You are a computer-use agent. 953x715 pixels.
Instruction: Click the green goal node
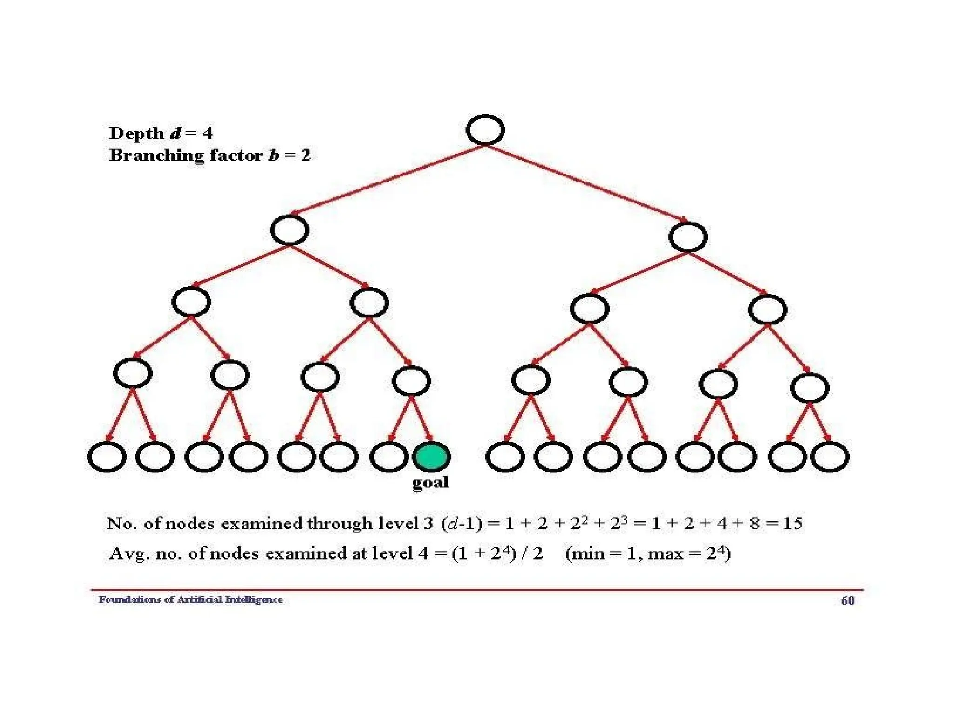tap(431, 456)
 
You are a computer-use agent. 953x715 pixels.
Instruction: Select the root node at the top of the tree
tap(485, 130)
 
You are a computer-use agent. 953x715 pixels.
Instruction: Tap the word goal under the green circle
tap(430, 482)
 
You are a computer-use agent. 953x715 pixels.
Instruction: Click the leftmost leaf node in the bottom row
tap(107, 457)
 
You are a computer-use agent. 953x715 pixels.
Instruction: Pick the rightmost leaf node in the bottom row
tap(830, 457)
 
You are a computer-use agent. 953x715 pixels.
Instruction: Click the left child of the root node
tap(289, 230)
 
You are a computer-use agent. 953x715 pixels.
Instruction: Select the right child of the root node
tap(688, 237)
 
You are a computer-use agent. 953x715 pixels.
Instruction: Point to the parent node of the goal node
tap(411, 381)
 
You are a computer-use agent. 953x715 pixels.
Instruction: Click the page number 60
tap(847, 600)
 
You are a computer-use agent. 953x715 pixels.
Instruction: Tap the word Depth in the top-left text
tap(136, 133)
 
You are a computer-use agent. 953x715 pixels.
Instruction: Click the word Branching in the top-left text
tap(156, 155)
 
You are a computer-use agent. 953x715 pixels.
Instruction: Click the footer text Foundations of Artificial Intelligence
tap(190, 600)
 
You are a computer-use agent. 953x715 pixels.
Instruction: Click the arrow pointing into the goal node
tap(422, 419)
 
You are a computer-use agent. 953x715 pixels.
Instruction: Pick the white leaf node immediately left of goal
tap(389, 457)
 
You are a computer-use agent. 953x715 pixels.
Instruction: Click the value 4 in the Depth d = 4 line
tap(207, 133)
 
